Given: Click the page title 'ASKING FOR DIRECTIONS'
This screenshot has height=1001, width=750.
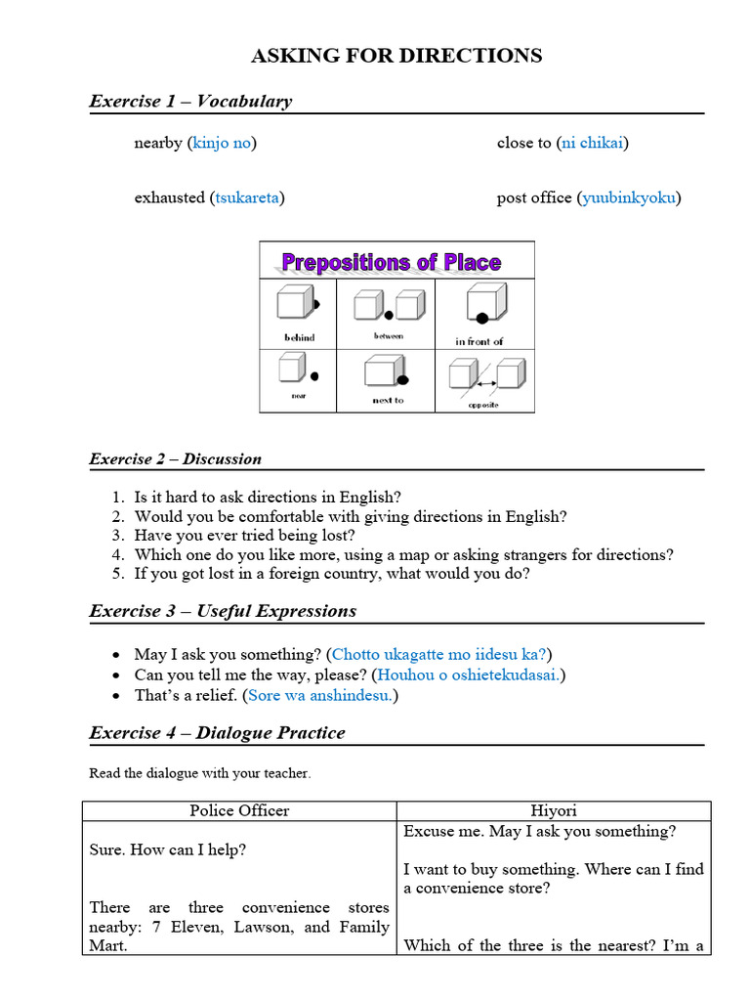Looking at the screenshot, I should click(x=396, y=56).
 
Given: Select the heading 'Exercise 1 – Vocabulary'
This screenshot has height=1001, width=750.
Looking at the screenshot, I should click(x=190, y=101).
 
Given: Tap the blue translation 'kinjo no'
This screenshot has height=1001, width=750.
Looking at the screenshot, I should click(x=222, y=144).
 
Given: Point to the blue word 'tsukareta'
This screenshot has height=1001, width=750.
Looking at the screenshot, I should click(x=246, y=197).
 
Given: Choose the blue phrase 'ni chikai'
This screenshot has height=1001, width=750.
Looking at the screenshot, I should click(x=593, y=144).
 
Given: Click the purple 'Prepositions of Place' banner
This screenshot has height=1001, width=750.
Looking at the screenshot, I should click(x=391, y=262).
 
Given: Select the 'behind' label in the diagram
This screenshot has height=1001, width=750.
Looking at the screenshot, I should click(x=299, y=337).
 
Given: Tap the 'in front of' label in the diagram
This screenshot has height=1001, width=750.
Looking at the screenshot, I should click(x=479, y=341).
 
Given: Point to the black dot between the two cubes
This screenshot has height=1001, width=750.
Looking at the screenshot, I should click(x=388, y=315).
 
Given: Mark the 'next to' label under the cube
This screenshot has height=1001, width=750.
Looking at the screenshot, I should click(x=388, y=400).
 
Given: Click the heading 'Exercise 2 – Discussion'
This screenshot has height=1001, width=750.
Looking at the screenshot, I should click(x=176, y=458).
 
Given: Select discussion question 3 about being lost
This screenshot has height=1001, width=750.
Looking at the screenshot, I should click(x=245, y=536).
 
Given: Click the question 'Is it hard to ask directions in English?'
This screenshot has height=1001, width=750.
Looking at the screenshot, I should click(x=268, y=497).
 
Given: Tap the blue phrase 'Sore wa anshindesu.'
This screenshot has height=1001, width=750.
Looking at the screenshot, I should click(x=321, y=696).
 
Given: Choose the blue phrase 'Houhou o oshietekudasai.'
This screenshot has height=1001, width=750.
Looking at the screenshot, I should click(x=471, y=675).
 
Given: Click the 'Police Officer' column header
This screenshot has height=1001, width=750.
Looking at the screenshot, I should click(x=239, y=810).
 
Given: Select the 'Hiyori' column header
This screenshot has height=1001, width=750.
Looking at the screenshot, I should click(x=553, y=810).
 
